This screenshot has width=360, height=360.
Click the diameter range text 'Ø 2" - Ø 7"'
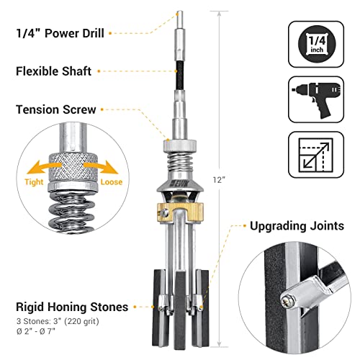tap(43, 335)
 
